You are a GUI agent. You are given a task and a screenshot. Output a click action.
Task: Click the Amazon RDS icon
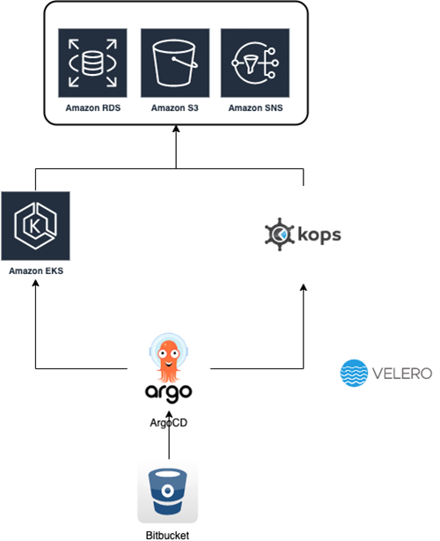coord(92,63)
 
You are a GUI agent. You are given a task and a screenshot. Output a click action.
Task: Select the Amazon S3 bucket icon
coord(175,63)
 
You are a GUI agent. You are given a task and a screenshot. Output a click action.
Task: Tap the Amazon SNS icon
coord(255,63)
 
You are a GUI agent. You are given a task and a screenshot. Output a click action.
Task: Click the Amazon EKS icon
coord(35,226)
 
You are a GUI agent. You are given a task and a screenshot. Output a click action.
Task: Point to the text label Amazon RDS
coord(93,108)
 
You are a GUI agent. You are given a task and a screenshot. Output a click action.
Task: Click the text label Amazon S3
coord(175,108)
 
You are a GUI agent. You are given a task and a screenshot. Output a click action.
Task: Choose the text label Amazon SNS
coord(255,108)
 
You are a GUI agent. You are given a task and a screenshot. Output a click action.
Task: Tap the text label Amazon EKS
coord(36,270)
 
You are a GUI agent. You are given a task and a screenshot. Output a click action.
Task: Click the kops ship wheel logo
coord(280,234)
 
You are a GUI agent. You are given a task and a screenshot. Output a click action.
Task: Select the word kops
coord(319,235)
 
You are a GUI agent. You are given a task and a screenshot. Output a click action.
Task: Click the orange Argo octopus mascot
coord(168,357)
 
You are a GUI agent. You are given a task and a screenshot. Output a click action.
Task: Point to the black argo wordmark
coord(168,393)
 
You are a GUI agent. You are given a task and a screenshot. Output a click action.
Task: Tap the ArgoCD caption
coord(168,423)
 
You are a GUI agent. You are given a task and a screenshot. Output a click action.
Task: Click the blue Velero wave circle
coord(354,373)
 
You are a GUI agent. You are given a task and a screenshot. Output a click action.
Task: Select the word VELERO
coord(402,374)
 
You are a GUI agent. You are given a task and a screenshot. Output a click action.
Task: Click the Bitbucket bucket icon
coord(167,492)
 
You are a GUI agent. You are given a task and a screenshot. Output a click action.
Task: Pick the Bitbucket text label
coord(167,535)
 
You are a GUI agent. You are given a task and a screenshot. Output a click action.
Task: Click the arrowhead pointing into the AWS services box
coord(176,129)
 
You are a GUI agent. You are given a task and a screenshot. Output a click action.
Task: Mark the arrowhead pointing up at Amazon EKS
coord(35,283)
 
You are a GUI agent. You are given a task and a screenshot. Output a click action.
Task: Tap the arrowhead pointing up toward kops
coord(304,287)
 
